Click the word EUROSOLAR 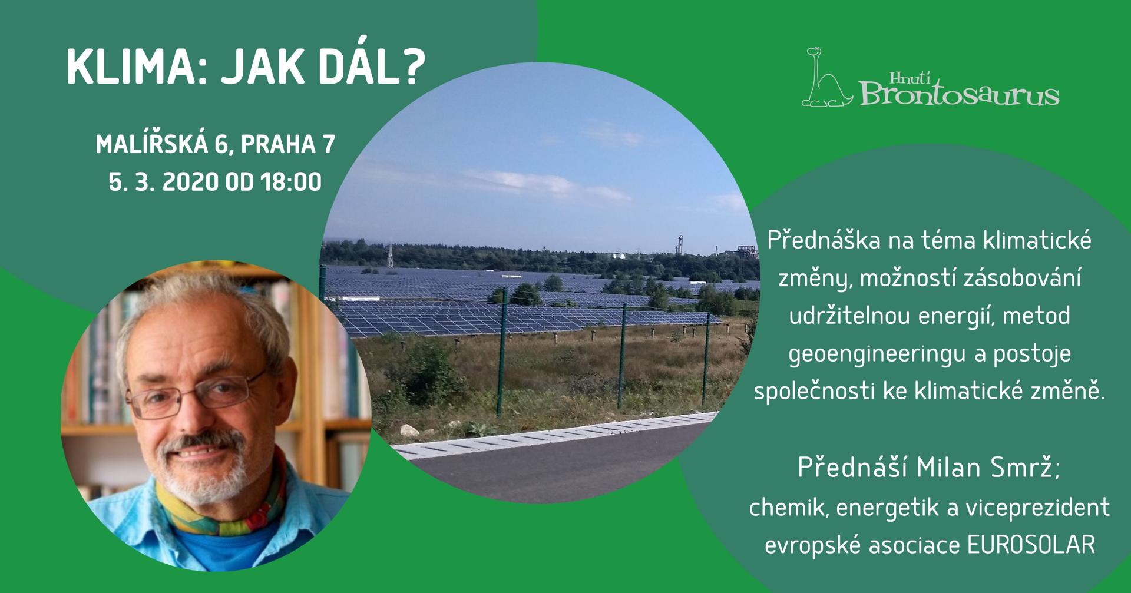point(1031,545)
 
